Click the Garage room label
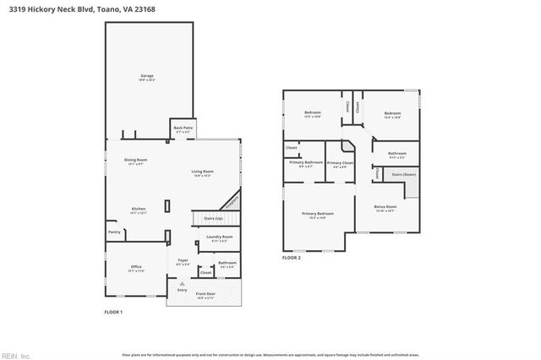147,76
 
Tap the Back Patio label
183,128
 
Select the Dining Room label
136,160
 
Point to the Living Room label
202,172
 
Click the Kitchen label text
139,209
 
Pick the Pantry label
113,231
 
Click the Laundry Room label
219,237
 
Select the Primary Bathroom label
306,161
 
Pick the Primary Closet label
341,162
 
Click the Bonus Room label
385,205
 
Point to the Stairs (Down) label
403,175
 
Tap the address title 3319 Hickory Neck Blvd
52,9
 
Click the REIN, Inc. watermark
16,355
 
